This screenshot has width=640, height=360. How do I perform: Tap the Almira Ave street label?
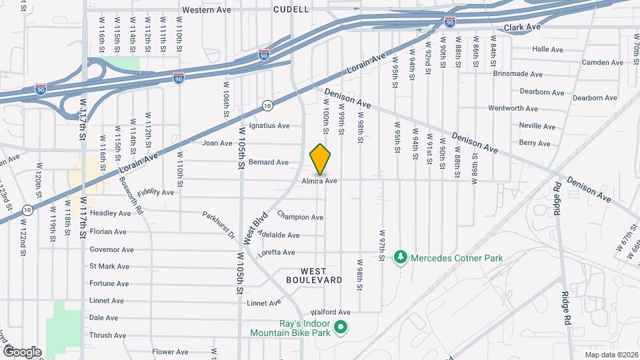point(319,181)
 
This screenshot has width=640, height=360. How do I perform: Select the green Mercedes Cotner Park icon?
point(401,257)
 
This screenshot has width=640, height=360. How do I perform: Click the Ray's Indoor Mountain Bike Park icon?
point(341,327)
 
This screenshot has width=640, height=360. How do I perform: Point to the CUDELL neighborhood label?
point(291,9)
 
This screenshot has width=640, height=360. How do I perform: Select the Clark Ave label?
point(522,27)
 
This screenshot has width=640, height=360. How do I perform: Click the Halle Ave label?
point(549,49)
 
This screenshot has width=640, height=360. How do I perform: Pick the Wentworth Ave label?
point(513,108)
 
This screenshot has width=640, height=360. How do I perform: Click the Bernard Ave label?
point(268,162)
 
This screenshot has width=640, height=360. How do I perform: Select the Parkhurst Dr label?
point(219,225)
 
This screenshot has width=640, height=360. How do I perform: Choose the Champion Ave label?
point(300,217)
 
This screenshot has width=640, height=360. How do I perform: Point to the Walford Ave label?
point(334,312)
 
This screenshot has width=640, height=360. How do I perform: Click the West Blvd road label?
point(256,227)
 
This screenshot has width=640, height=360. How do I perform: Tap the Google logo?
point(22,351)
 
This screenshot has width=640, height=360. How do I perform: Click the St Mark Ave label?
point(109,267)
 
